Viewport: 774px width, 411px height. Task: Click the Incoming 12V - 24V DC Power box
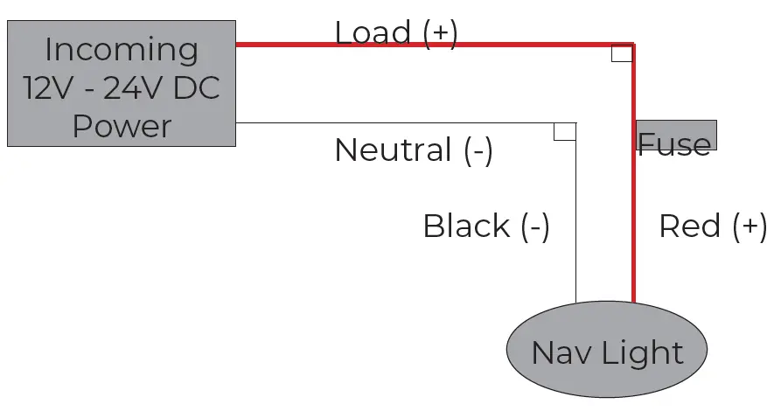(x=122, y=83)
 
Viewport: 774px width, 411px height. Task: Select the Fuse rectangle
(x=676, y=135)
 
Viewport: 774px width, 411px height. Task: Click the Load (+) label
(x=395, y=33)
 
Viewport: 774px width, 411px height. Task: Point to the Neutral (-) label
(x=414, y=150)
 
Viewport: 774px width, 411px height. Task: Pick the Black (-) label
(x=485, y=226)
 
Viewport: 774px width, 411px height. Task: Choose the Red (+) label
(x=713, y=226)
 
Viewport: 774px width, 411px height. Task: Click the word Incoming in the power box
(x=122, y=49)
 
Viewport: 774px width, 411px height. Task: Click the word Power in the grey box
(x=122, y=127)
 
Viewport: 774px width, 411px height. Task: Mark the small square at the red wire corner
(x=622, y=53)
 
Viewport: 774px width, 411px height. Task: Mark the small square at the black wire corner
(x=565, y=132)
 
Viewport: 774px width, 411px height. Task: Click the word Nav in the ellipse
(x=558, y=353)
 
